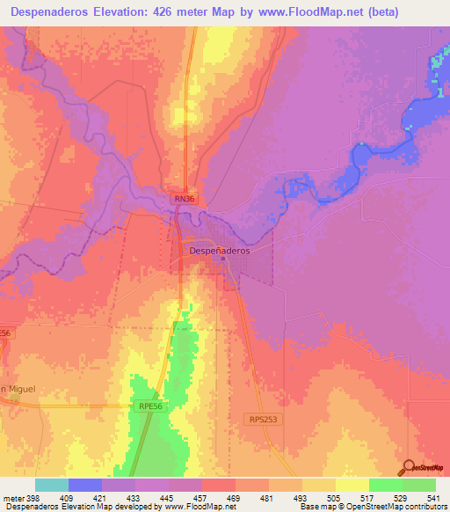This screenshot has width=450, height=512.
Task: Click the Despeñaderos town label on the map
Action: (220, 250)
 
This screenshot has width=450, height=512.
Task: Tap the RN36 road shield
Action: (183, 200)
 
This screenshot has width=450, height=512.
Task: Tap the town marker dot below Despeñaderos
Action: (223, 258)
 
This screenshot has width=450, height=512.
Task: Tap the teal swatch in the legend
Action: (52, 485)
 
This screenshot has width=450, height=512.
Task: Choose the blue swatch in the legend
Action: (85, 485)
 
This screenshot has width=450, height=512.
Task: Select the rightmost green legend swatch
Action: (418, 485)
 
